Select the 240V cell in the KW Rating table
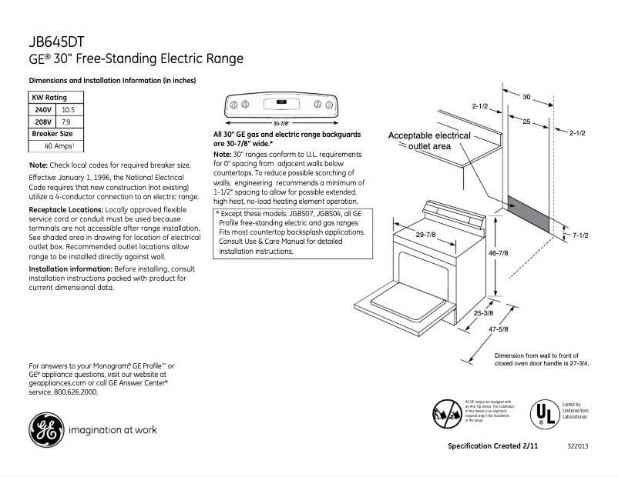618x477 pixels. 41,110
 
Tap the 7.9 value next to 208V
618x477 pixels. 66,122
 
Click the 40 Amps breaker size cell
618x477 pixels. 59,145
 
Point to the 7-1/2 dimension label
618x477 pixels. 581,235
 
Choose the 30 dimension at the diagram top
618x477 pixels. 527,97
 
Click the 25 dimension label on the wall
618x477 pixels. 525,122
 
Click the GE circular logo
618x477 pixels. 45,429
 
